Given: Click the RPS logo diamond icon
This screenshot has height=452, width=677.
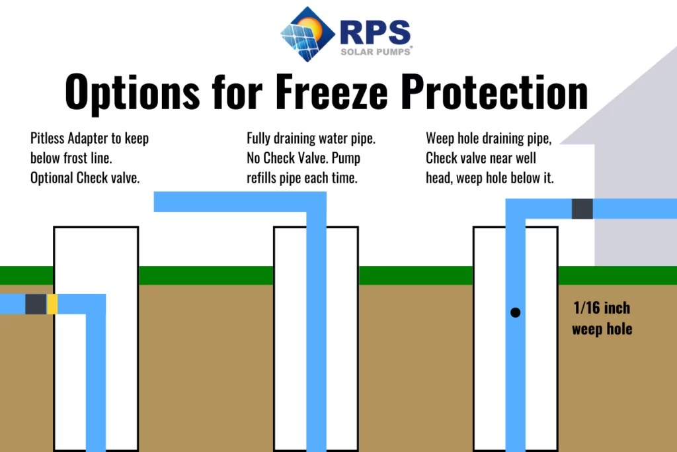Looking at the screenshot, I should pyautogui.click(x=307, y=34).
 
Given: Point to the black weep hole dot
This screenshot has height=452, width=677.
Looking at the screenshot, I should pyautogui.click(x=515, y=312).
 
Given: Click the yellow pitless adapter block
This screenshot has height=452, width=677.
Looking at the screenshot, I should pyautogui.click(x=52, y=304).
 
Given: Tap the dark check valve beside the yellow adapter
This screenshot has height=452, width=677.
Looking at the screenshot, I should pyautogui.click(x=36, y=304).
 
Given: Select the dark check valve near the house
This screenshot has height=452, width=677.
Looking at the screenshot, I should pyautogui.click(x=582, y=208).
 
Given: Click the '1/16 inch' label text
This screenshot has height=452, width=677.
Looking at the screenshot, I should pyautogui.click(x=601, y=308).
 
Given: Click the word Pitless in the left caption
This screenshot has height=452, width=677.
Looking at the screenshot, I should pyautogui.click(x=49, y=139).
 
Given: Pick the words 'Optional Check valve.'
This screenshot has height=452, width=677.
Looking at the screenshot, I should pyautogui.click(x=85, y=179).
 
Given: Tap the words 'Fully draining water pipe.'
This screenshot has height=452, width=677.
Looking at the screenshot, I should pyautogui.click(x=311, y=139).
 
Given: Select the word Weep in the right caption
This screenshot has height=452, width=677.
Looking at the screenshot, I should pyautogui.click(x=440, y=139).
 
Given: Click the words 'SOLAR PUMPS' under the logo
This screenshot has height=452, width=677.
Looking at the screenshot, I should pyautogui.click(x=375, y=51).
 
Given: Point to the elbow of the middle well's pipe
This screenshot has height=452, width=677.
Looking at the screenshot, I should pyautogui.click(x=316, y=202).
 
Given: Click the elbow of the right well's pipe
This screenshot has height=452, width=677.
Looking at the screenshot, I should pyautogui.click(x=516, y=208).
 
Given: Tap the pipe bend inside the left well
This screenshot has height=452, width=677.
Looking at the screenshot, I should pyautogui.click(x=96, y=304).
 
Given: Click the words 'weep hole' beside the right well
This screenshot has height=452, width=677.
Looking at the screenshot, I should pyautogui.click(x=602, y=329).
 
